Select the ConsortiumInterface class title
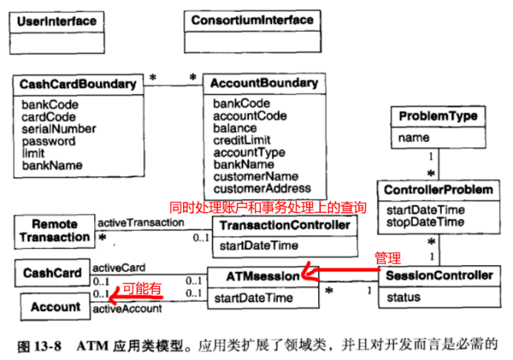coord(252,20)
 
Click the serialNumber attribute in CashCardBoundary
coord(59,129)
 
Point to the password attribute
coord(48,141)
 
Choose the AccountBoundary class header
coord(264,83)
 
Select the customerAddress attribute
coord(262,188)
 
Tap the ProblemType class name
coord(437,116)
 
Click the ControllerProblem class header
coord(438,190)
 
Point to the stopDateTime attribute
coord(425,222)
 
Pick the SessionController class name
coord(440,276)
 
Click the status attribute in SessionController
coord(403,297)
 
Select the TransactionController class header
coord(285,225)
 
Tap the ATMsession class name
coord(262,276)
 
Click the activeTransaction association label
coord(140,222)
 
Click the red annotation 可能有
coord(142,290)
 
